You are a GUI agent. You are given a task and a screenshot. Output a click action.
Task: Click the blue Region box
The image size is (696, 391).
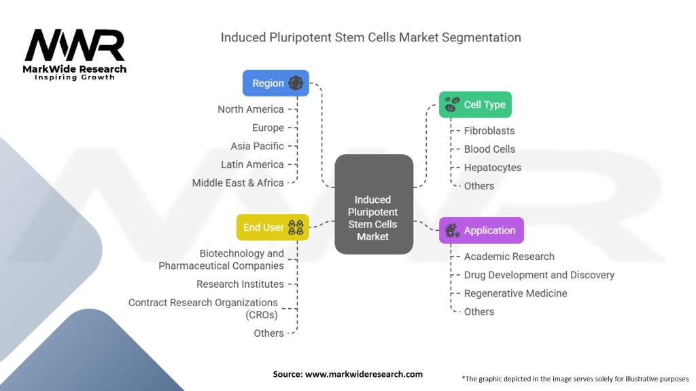pos(275,83)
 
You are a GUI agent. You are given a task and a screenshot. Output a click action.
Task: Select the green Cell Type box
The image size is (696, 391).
pos(474,105)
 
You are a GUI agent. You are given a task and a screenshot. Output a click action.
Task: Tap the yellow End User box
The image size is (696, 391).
pos(273,227)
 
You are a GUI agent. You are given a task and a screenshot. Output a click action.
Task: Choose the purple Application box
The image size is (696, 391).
pos(481,230)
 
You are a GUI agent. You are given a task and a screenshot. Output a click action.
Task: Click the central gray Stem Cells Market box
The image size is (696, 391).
pos(373,204)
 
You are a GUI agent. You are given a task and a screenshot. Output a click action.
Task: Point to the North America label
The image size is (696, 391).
pos(251,109)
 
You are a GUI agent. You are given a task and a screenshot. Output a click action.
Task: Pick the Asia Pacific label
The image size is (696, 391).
pos(257,146)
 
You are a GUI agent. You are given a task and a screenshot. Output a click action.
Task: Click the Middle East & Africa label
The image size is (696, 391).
pos(238,183)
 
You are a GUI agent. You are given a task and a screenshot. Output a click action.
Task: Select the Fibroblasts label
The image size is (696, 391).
pos(489,130)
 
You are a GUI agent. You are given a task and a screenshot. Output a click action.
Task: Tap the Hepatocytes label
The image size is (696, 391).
pos(493,167)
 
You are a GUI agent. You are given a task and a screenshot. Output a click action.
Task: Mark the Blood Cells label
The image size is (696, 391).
pos(489,149)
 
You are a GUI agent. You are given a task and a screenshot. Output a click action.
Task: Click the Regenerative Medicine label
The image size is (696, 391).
pos(515,293)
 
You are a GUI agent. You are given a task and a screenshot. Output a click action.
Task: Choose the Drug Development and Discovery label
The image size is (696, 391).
pos(539,275)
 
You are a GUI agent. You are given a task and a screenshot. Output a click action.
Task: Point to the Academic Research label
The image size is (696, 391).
pos(509,257)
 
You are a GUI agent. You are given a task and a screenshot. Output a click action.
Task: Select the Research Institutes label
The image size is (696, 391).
pos(240,284)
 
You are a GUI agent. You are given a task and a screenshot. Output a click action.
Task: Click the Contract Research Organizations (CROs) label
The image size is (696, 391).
pos(203,308)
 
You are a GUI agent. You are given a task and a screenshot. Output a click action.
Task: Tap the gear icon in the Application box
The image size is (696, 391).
pos(452,231)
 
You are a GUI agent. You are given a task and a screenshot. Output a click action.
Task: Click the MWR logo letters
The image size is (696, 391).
pos(75,45)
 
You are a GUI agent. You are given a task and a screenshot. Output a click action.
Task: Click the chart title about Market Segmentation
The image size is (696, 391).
pos(370,37)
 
